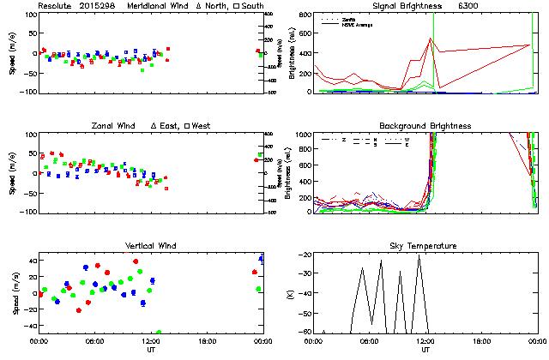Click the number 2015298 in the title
click(98, 6)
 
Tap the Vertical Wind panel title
click(149, 246)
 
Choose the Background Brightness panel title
click(425, 126)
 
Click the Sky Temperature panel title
click(425, 246)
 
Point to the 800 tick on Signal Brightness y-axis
click(305, 15)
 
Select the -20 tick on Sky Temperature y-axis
click(304, 255)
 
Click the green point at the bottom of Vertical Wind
click(159, 332)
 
